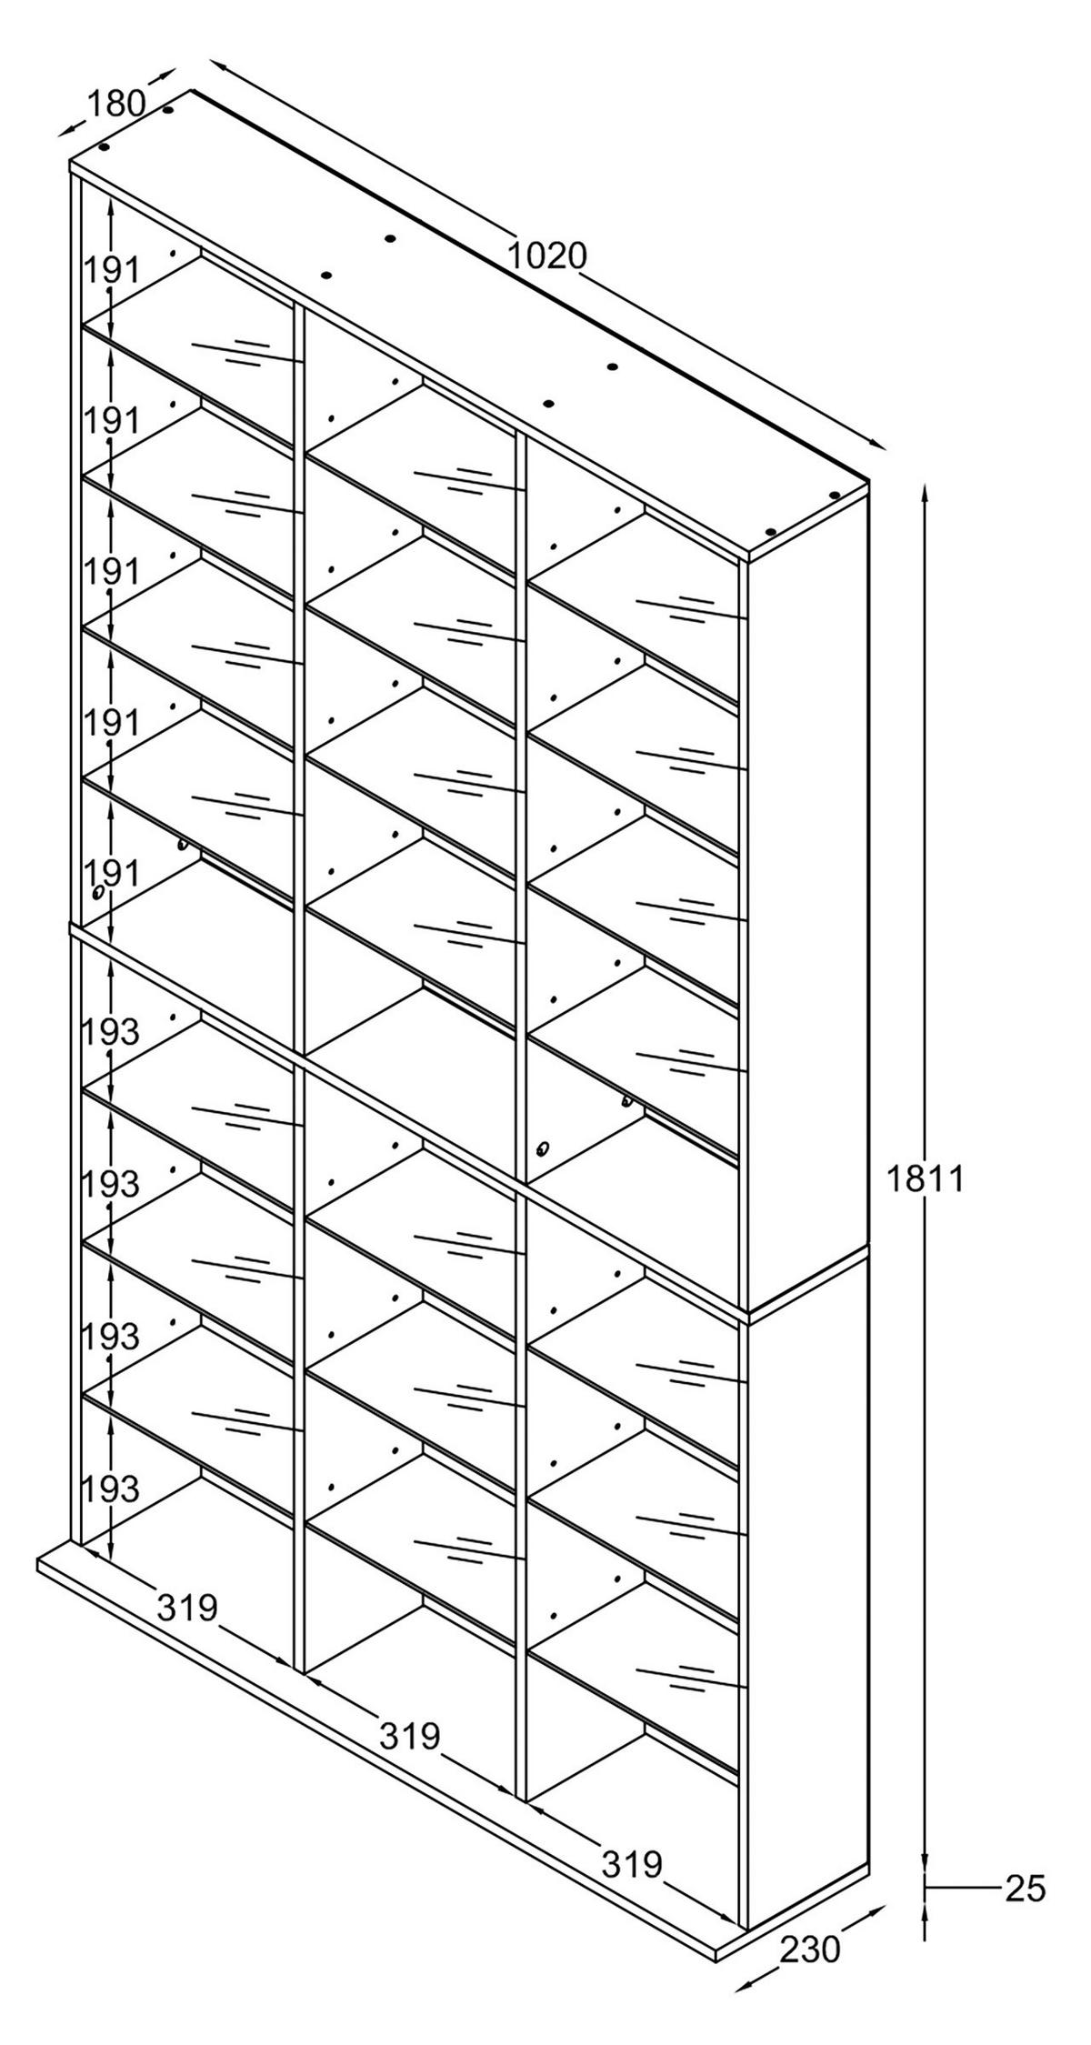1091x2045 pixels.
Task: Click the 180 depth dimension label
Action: pyautogui.click(x=115, y=104)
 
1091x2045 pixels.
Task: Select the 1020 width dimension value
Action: pyautogui.click(x=546, y=256)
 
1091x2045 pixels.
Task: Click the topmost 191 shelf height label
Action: pyautogui.click(x=113, y=270)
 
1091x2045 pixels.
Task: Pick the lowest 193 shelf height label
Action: pyautogui.click(x=111, y=1489)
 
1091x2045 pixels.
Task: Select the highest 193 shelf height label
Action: pyautogui.click(x=111, y=1031)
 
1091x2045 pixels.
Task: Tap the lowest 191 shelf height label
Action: pyautogui.click(x=113, y=874)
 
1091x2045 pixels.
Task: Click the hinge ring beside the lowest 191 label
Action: pyautogui.click(x=96, y=893)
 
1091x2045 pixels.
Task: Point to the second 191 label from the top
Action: pyautogui.click(x=113, y=421)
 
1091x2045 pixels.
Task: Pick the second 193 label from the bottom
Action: pyautogui.click(x=111, y=1336)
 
